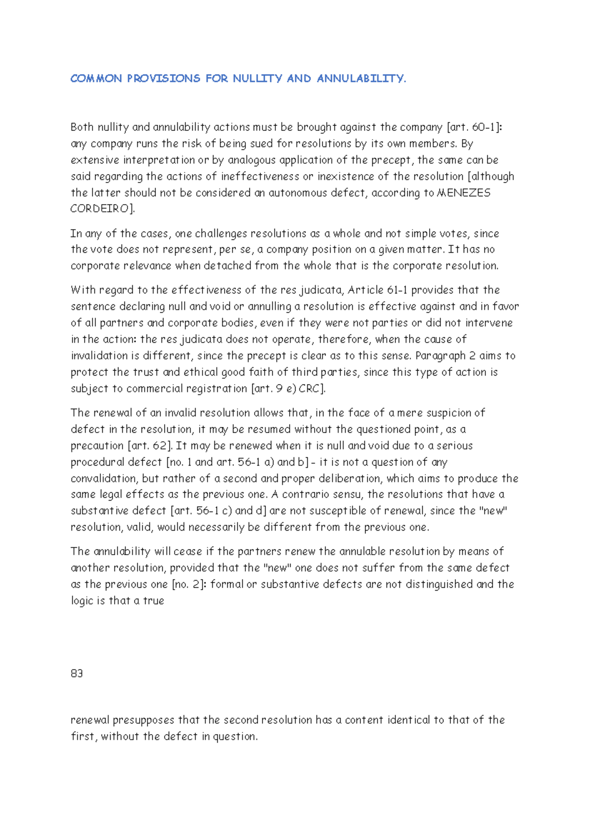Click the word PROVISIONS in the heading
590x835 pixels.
point(163,79)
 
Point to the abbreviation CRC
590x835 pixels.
point(309,388)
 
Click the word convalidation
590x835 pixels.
point(104,478)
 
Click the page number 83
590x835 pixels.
point(77,674)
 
